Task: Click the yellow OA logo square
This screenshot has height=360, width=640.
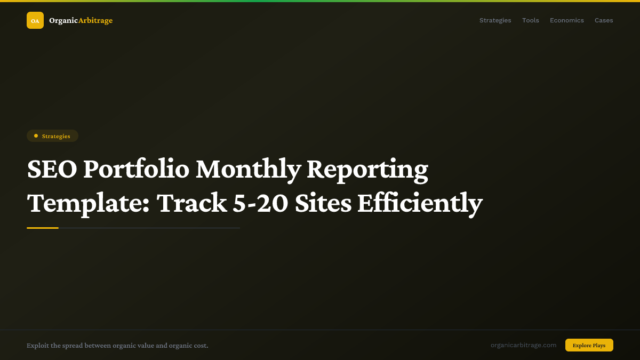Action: [35, 20]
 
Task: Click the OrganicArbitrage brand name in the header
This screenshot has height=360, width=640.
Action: [81, 20]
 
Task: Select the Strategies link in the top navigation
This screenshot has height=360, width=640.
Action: [495, 20]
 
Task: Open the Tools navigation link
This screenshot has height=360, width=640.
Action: [530, 20]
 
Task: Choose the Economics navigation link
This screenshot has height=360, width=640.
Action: [566, 20]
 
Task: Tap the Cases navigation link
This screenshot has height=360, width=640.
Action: [604, 20]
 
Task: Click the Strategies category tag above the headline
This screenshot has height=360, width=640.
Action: [53, 136]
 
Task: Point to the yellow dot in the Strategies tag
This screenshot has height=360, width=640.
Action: [36, 136]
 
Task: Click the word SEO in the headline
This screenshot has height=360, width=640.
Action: [52, 169]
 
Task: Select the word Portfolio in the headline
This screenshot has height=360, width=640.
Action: [136, 169]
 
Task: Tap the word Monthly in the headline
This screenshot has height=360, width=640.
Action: [249, 169]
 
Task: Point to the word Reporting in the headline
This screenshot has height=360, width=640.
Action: [367, 169]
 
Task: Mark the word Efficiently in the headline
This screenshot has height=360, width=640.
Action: [420, 203]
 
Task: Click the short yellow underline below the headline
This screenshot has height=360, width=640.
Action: [43, 228]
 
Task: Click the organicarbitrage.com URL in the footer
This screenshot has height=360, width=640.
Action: [523, 345]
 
